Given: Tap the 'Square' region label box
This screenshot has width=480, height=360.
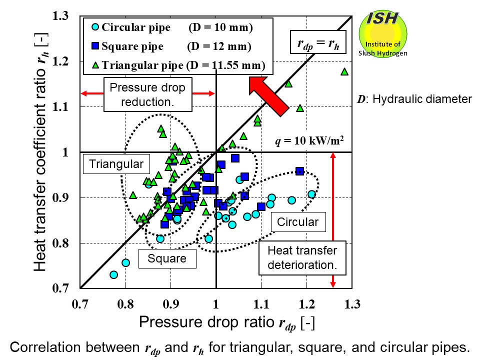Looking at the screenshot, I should point(167,258).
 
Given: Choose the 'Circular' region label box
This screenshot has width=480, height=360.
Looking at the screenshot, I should point(297,221).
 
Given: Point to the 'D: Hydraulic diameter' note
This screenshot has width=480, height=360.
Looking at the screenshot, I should point(413,99).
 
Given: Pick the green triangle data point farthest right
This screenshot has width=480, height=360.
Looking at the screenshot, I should point(344,71).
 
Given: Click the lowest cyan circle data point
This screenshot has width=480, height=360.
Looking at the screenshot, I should point(113,274).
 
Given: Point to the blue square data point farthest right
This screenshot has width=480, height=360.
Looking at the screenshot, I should point(299,171).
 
